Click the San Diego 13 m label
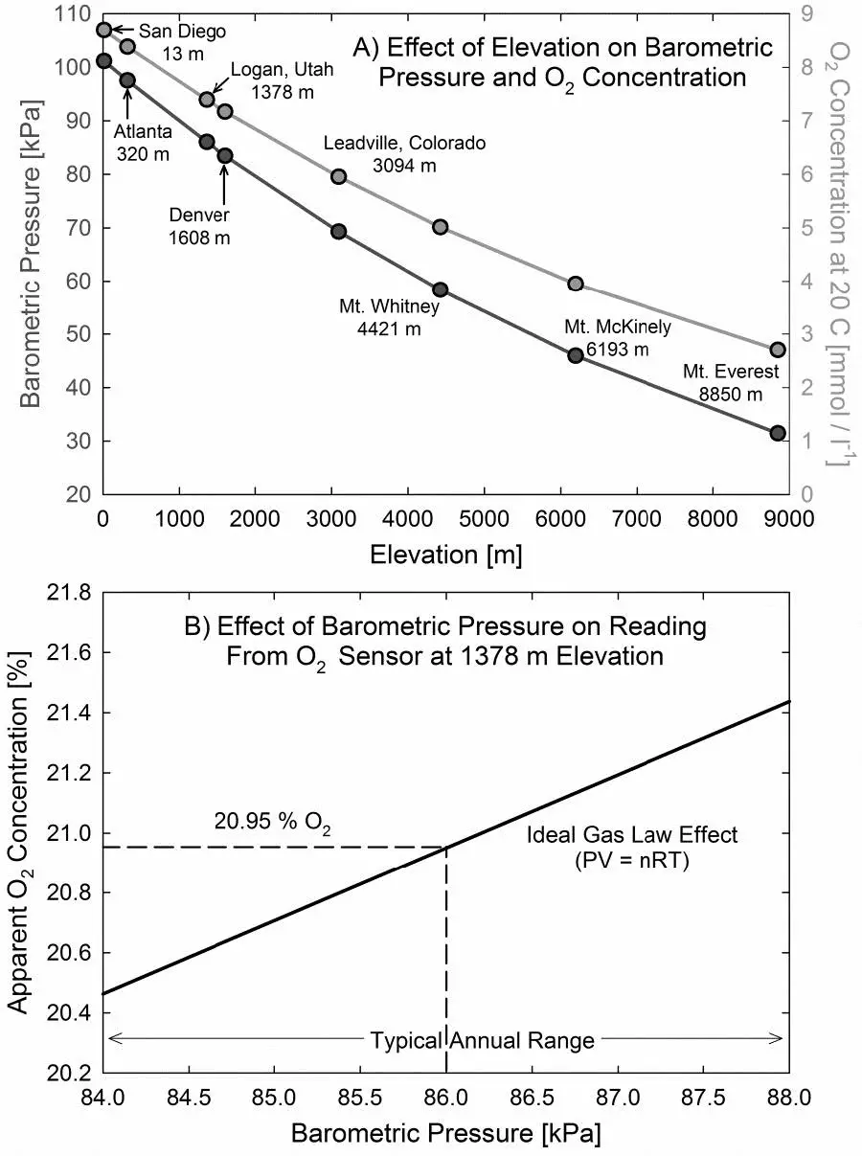tap(181, 42)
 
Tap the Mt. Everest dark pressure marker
tap(778, 433)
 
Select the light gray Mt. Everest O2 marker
tap(778, 350)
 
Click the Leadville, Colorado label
tap(404, 153)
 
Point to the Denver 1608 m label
tap(200, 225)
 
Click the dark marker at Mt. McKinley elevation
tap(576, 355)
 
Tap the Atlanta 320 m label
tap(142, 142)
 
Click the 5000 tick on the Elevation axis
tap(484, 518)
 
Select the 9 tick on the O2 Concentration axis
tap(808, 14)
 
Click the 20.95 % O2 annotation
tap(271, 821)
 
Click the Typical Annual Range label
tap(482, 1040)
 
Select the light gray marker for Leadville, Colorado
tap(338, 176)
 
